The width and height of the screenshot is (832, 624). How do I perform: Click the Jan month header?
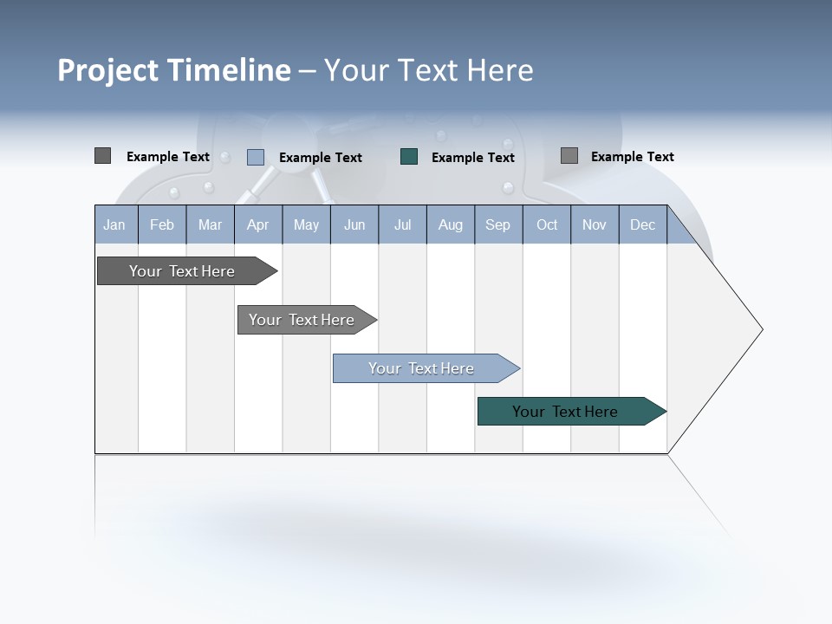click(114, 224)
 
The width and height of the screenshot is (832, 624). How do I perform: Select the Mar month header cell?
click(210, 224)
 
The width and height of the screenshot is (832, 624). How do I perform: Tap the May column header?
click(306, 224)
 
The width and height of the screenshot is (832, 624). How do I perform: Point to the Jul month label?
click(402, 224)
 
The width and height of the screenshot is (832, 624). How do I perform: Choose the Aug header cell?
click(450, 224)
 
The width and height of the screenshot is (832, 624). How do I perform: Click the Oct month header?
click(547, 224)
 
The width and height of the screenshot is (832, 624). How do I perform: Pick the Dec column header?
click(642, 224)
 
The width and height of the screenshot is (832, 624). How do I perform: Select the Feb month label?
click(162, 224)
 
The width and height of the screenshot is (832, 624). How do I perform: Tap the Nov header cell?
click(594, 224)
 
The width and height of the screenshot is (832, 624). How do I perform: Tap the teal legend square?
click(409, 157)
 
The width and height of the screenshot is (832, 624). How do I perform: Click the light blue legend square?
click(256, 157)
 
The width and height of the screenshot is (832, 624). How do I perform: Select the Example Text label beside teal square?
click(472, 158)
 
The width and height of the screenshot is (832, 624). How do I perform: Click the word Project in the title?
click(108, 70)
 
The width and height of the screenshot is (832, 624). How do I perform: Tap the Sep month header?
click(497, 224)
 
